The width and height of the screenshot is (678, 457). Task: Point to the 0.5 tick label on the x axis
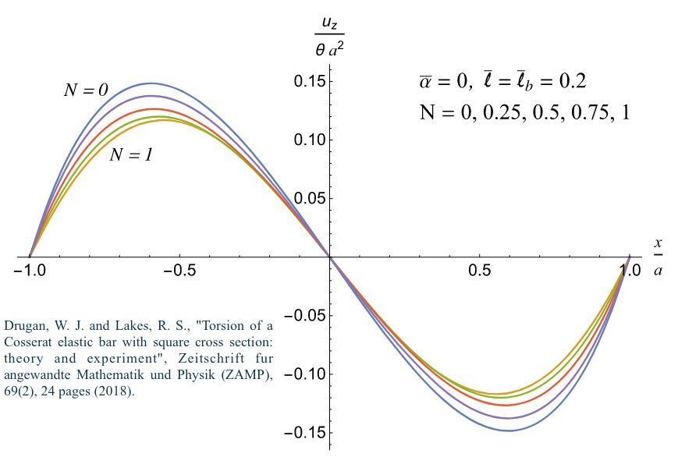[480, 272]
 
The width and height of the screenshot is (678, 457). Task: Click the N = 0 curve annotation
[85, 90]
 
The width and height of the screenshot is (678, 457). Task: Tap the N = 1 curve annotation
[130, 154]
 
